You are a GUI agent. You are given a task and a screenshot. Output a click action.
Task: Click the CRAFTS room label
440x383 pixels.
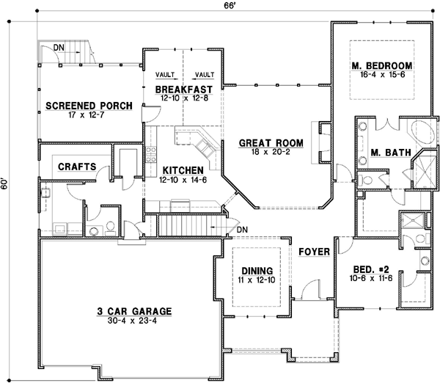[77, 167]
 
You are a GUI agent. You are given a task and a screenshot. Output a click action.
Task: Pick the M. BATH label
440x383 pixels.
[385, 153]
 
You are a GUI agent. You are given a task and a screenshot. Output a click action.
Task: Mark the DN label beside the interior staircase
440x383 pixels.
[242, 231]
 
